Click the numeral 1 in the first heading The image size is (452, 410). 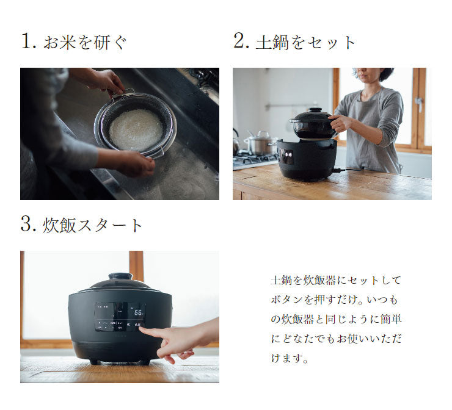click(26, 41)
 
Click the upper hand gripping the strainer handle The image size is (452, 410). click(107, 80)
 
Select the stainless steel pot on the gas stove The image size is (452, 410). click(259, 144)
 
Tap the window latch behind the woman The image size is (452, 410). click(418, 104)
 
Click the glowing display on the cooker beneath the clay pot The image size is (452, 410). click(288, 157)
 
